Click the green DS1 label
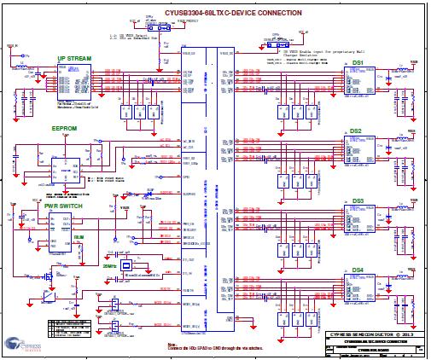[x=358, y=62]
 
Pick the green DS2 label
[x=358, y=131]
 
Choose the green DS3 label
[x=358, y=200]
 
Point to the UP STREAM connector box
[x=73, y=82]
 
